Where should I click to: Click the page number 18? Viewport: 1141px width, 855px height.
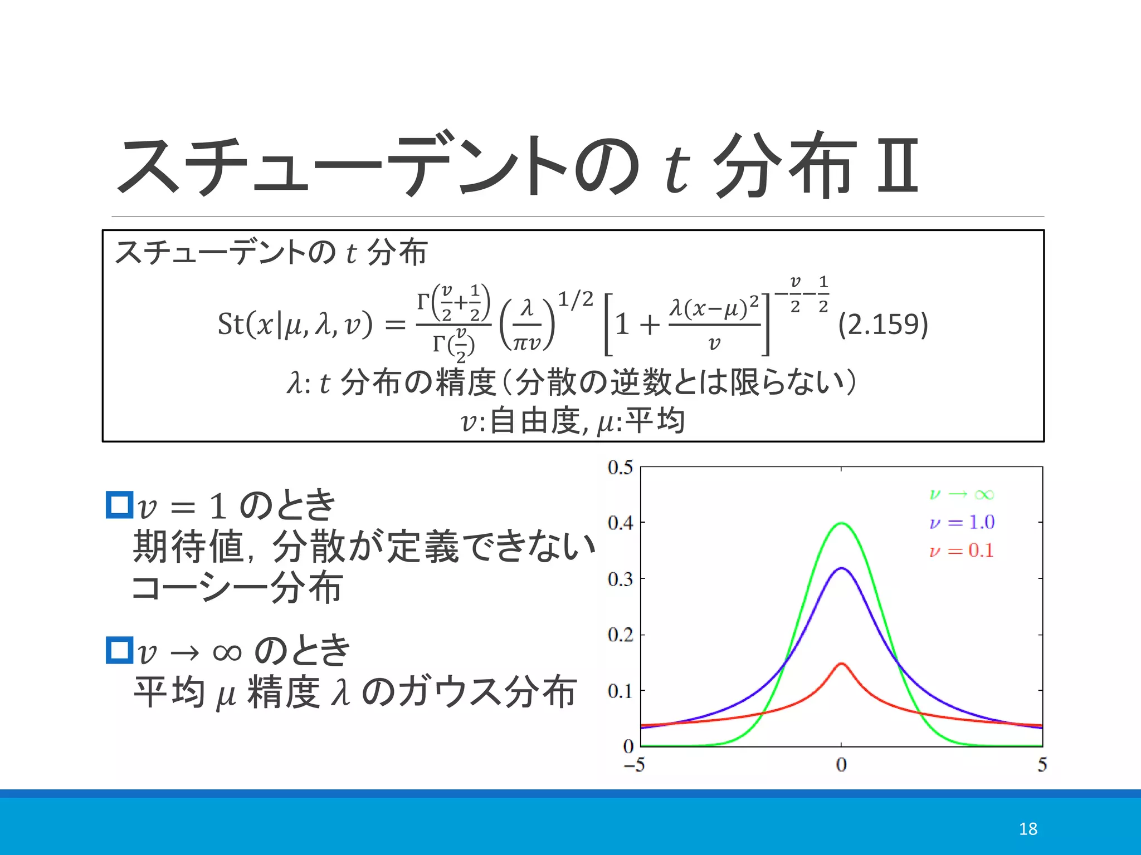(1028, 829)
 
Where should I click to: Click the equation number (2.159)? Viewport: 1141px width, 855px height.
(883, 324)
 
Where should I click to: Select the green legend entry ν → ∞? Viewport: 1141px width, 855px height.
(962, 494)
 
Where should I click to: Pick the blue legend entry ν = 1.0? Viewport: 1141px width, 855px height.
(962, 522)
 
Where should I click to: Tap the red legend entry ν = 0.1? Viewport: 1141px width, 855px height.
(962, 551)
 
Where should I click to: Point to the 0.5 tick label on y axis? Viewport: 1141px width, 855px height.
(620, 467)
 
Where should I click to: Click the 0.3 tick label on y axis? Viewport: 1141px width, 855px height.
(620, 579)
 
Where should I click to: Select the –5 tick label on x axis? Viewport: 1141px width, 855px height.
(634, 765)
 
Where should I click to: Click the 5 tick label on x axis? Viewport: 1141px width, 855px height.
(1042, 765)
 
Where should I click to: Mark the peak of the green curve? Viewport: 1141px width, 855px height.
(841, 523)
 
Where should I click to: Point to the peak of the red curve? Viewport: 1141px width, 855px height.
(841, 664)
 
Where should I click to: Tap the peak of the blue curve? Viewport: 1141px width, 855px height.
(841, 568)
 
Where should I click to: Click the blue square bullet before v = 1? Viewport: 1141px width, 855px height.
(119, 505)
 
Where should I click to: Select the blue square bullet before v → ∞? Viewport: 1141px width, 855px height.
(119, 650)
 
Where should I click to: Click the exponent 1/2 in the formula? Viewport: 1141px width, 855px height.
(576, 299)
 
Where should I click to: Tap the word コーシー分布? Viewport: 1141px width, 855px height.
(236, 588)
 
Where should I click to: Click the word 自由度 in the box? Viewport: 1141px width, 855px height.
(535, 421)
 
